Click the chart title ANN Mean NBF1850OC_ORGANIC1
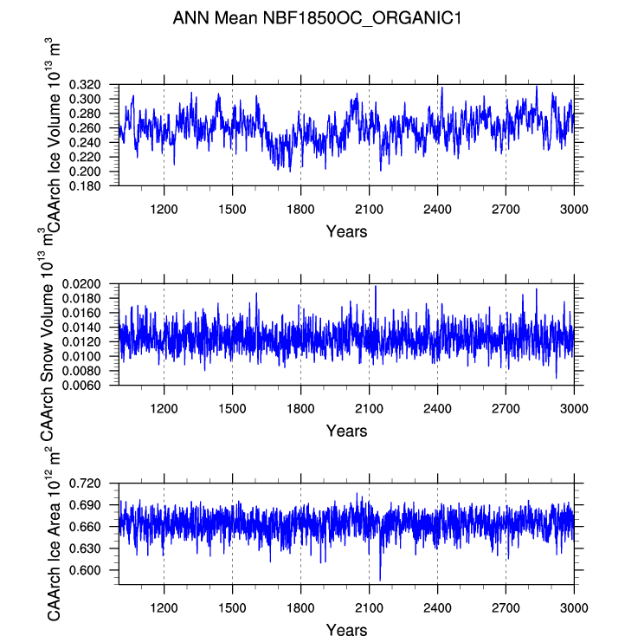point(317,18)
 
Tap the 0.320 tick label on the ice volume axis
point(85,85)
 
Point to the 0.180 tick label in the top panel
point(85,186)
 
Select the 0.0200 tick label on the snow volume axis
point(81,284)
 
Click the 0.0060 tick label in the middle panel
point(81,386)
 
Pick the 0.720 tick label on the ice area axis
point(85,483)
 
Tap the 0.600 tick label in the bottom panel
point(85,570)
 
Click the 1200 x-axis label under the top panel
point(164,210)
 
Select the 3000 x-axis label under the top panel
point(574,210)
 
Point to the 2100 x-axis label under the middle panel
point(369,408)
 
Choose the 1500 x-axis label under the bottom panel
point(232,608)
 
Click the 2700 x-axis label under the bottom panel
point(506,608)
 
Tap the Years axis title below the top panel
point(346,231)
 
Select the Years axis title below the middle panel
point(346,431)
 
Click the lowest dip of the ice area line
point(380,581)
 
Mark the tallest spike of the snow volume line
point(376,286)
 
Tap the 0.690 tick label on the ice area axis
point(85,505)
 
